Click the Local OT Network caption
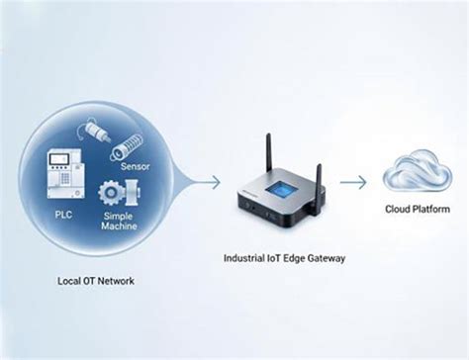pos(95,281)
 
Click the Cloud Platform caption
pos(418,210)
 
